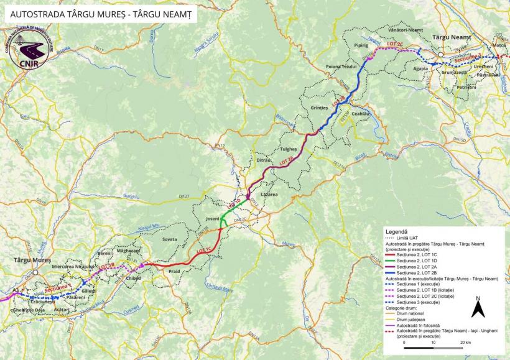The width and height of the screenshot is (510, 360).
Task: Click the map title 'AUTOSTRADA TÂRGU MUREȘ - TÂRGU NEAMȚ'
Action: (100, 12)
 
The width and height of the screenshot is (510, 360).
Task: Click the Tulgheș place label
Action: (289, 149)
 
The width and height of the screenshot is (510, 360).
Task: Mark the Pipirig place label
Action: (361, 45)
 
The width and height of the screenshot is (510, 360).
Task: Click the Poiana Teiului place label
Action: (340, 66)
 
